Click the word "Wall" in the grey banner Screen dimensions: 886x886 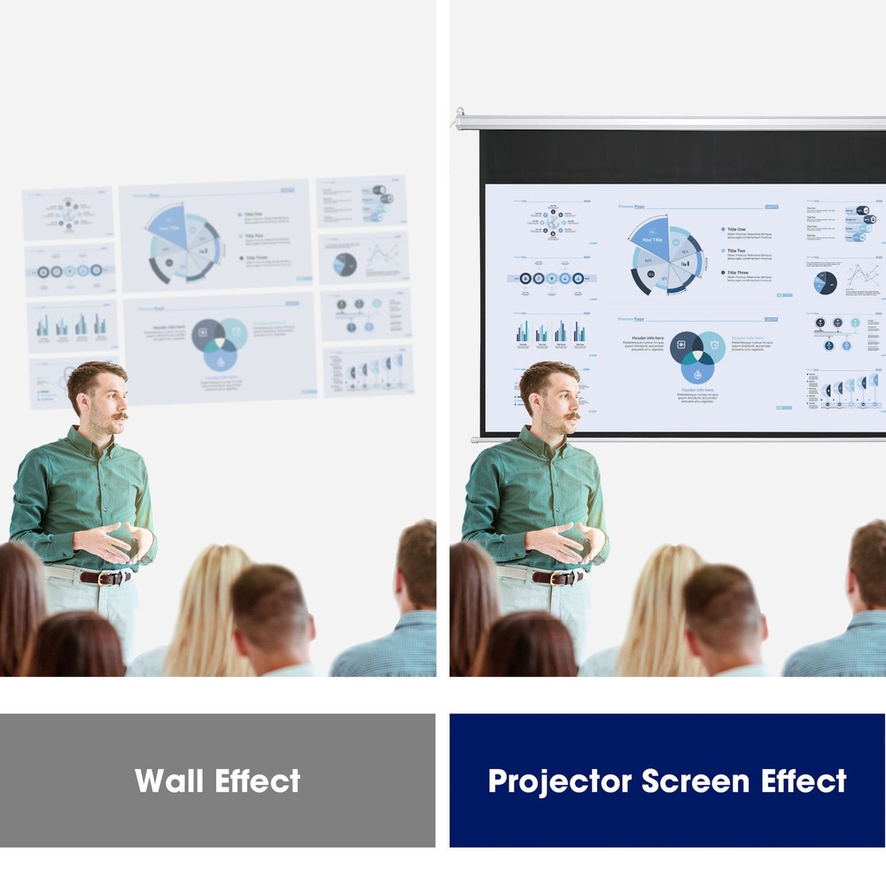click(170, 781)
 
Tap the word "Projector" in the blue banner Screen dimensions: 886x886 click(560, 781)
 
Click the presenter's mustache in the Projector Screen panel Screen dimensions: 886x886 click(571, 415)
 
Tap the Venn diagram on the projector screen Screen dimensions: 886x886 click(697, 354)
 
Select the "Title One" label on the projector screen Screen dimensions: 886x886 click(736, 229)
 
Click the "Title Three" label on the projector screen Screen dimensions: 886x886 click(738, 273)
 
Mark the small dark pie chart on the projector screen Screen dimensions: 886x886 click(825, 283)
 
